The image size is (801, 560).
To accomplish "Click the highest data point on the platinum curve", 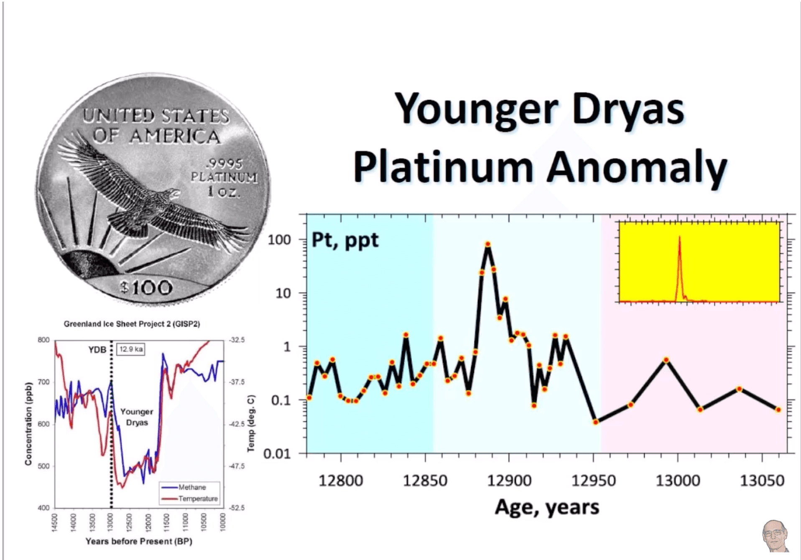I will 487,244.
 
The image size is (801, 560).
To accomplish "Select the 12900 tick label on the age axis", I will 509,481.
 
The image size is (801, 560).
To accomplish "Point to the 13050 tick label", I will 762,481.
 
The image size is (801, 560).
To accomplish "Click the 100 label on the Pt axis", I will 279,240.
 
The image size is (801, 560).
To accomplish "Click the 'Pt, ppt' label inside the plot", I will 345,240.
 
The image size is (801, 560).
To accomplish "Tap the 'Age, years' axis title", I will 547,507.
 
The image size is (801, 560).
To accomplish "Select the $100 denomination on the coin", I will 146,288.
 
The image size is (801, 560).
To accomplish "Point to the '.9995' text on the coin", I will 226,163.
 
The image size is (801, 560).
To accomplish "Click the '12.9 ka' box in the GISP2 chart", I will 131,349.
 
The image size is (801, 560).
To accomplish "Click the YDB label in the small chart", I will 97,349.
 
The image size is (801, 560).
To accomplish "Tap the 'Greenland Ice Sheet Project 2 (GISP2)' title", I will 132,324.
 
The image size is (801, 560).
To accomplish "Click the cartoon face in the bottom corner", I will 775,535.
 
